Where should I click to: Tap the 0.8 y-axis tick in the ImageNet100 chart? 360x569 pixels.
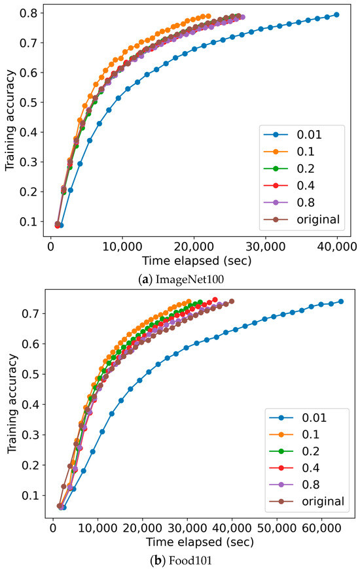pos(31,13)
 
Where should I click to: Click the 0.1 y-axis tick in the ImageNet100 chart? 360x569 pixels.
pos(31,222)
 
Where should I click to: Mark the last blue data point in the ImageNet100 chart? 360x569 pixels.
pos(336,14)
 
